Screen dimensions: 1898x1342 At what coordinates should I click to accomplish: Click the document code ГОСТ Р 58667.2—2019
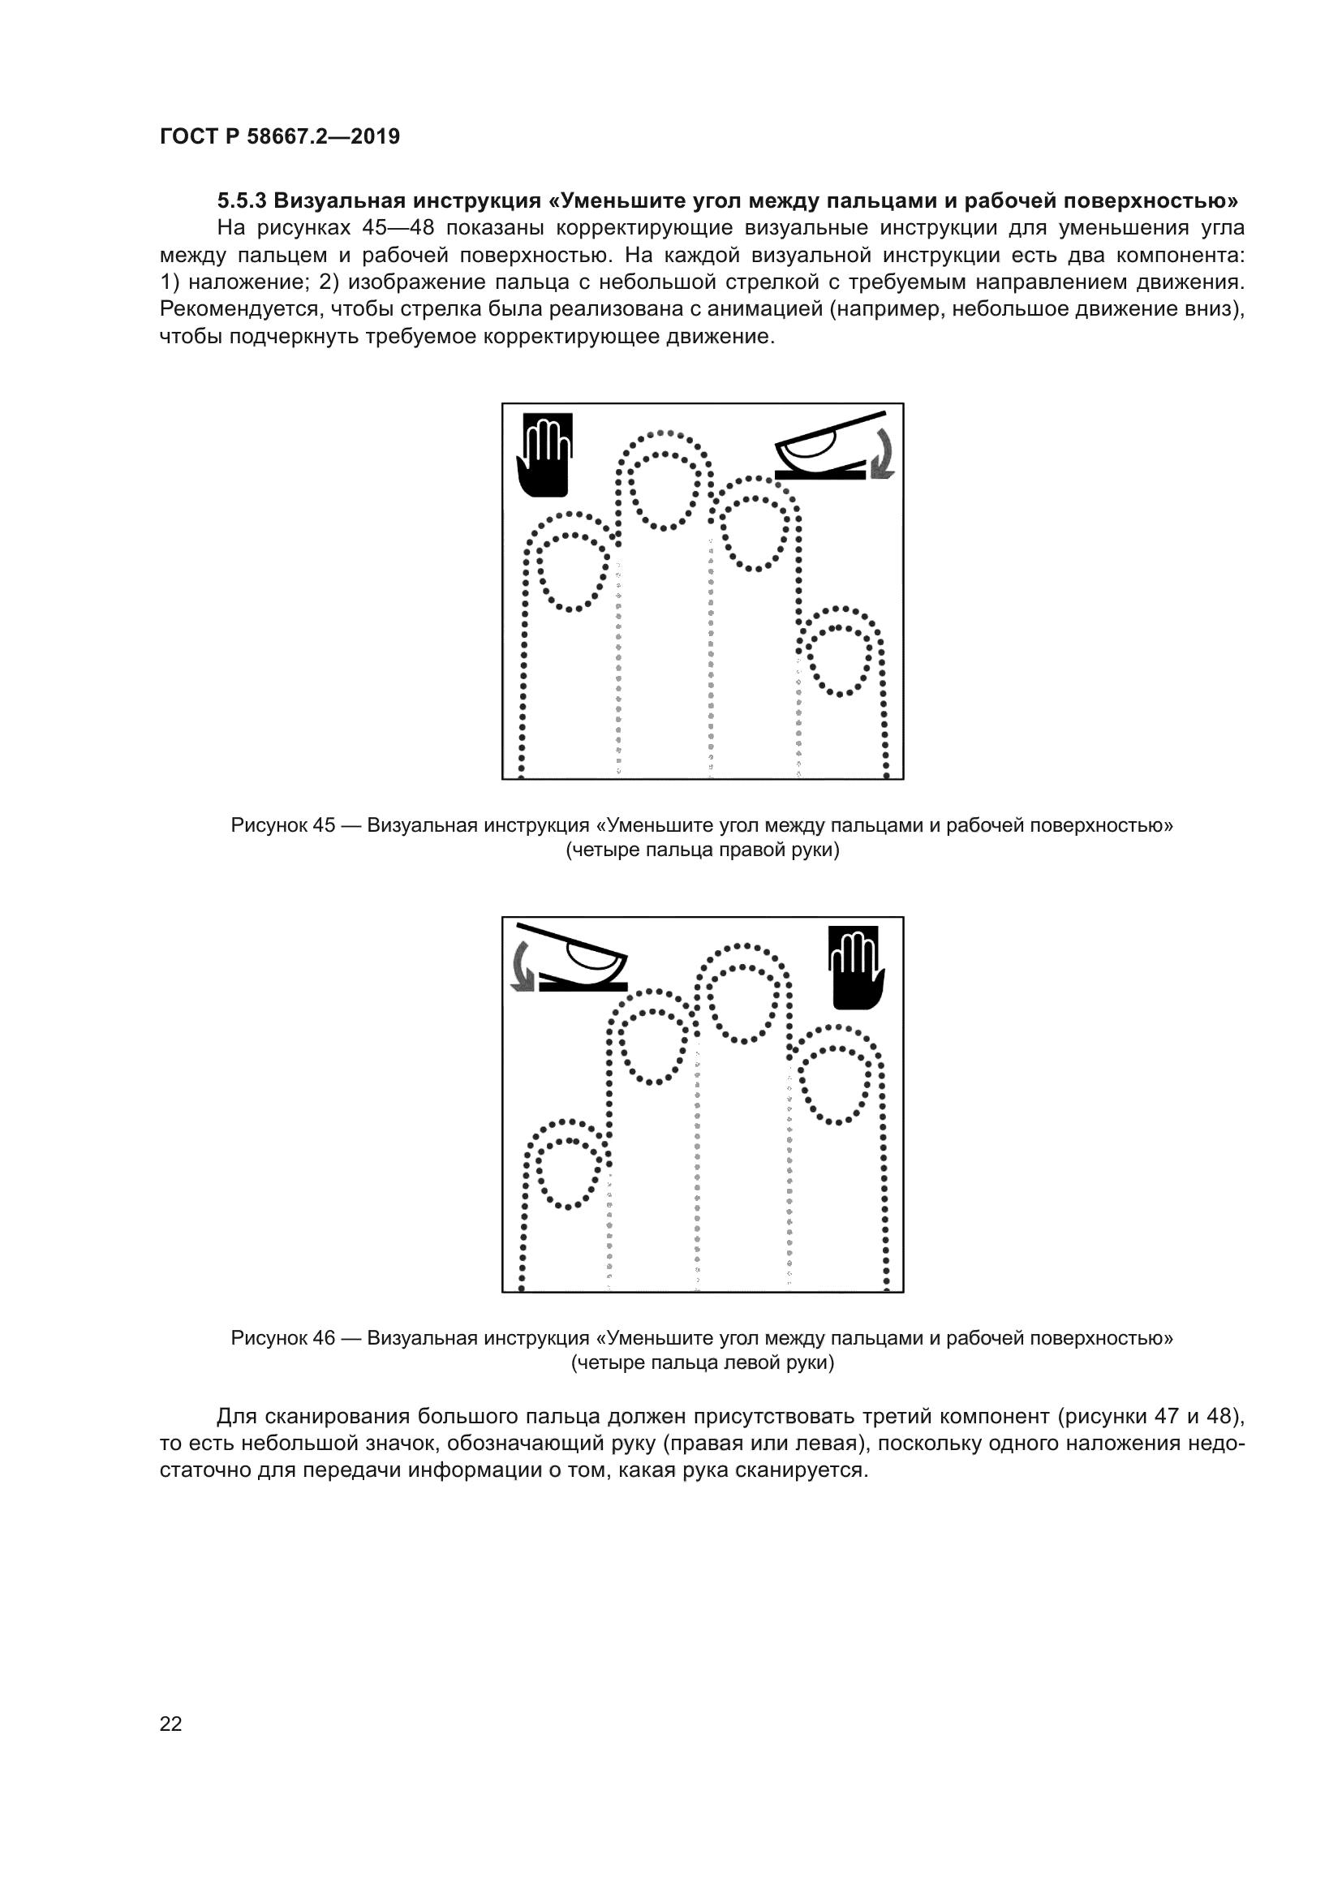click(279, 136)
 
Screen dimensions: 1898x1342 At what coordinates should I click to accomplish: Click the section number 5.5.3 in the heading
click(241, 201)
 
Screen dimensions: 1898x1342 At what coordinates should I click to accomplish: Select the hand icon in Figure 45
click(544, 455)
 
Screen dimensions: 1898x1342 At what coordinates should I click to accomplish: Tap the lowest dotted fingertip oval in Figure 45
click(840, 661)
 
